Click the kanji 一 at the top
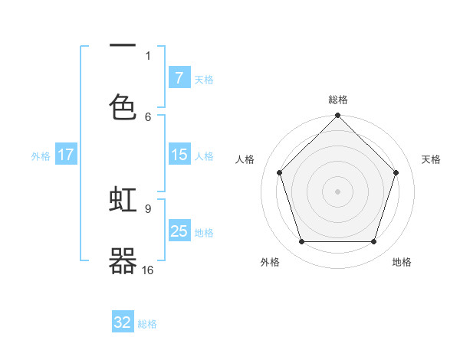coord(123,47)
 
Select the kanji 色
coord(123,107)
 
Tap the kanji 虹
coord(123,200)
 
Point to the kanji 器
coord(123,261)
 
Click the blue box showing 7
coord(179,78)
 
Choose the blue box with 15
coord(179,155)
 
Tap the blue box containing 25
coord(179,231)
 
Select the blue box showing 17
coord(66,155)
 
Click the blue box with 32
coord(123,322)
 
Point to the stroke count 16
coord(148,270)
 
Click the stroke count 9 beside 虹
coord(148,208)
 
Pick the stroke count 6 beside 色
coord(148,116)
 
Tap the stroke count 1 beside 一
coord(148,55)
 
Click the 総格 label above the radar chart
coord(337,100)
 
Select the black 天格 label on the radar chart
coord(431,159)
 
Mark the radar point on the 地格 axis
coord(373,241)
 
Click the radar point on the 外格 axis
coord(301,241)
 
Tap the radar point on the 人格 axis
coord(279,172)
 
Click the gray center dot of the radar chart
coord(337,191)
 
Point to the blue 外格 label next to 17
coord(41,155)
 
